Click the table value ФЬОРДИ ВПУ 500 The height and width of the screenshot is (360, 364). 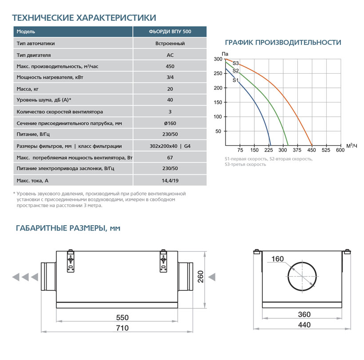tap(170, 32)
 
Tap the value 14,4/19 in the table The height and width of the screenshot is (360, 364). tap(170, 180)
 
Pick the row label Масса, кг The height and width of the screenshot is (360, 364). tap(28, 89)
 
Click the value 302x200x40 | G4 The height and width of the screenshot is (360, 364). tap(170, 146)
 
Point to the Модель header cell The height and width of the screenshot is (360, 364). tap(26, 32)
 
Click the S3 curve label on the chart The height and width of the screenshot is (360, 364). tap(236, 63)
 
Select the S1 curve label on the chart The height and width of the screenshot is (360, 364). tap(236, 80)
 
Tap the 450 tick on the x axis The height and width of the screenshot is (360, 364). tap(312, 150)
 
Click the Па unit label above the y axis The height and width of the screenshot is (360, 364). tap(218, 54)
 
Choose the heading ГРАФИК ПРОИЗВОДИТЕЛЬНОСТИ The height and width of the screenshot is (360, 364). tap(283, 43)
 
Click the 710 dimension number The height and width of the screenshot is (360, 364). tap(122, 328)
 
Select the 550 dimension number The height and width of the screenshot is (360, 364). tap(122, 317)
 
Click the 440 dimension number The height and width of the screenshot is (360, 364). tap(304, 325)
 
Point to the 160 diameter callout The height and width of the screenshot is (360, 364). tap(277, 259)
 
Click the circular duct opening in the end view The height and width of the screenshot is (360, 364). tap(302, 275)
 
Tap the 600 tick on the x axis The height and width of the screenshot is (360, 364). tap(340, 150)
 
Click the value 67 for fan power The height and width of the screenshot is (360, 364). tap(170, 157)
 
